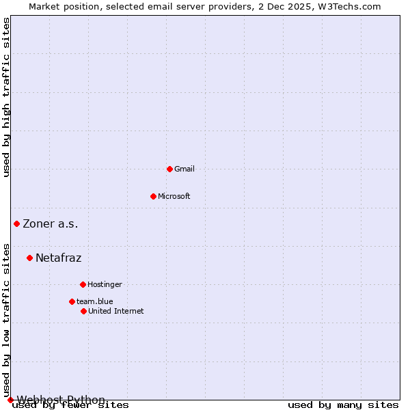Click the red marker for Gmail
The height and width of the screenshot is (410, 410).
(x=169, y=169)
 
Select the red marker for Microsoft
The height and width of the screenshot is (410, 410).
(x=153, y=196)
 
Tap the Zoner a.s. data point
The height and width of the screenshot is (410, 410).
(x=16, y=223)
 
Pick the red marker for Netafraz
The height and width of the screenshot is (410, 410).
(x=29, y=258)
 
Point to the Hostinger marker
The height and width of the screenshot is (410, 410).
(x=83, y=284)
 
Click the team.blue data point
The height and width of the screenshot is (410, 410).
(x=72, y=301)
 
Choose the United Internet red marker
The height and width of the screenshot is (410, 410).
(x=83, y=311)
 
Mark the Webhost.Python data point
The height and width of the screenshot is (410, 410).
(x=10, y=400)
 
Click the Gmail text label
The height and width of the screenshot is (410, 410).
(x=184, y=169)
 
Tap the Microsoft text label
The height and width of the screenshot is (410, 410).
(x=174, y=196)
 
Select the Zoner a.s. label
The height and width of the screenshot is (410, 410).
(x=51, y=223)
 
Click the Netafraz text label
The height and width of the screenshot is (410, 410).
(x=59, y=258)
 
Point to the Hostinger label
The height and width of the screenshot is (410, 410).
(x=105, y=284)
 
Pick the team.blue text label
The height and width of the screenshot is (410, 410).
(x=95, y=301)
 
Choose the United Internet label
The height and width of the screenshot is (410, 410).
(x=116, y=311)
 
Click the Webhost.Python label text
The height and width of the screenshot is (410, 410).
(x=61, y=400)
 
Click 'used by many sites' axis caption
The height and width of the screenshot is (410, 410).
(x=343, y=405)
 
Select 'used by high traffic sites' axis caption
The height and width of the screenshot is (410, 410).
(x=7, y=97)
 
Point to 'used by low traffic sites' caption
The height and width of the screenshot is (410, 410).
(x=7, y=320)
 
